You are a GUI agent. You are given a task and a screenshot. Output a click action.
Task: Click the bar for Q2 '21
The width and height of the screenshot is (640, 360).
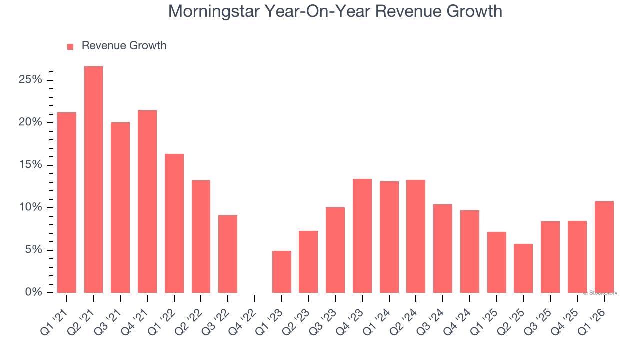(x=93, y=180)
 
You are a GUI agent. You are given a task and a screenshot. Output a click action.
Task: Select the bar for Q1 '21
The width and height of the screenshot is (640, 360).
(x=67, y=202)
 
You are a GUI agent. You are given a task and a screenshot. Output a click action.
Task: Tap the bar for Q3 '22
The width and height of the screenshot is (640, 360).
(x=228, y=254)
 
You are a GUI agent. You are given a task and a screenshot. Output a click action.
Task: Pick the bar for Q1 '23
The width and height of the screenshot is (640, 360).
(x=281, y=272)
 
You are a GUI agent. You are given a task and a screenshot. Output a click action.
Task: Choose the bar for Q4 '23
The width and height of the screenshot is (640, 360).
(x=362, y=236)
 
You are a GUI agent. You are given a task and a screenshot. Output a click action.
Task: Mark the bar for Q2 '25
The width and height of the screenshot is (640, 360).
(x=523, y=268)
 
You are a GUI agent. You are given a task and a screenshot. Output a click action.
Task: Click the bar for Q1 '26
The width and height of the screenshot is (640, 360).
(x=604, y=247)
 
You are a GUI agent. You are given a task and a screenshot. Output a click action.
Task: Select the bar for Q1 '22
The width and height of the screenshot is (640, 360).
(x=174, y=223)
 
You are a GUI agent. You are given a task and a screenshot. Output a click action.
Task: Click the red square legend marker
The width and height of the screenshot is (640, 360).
(x=70, y=46)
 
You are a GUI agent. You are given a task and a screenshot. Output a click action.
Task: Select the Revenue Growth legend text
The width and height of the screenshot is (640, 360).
(x=124, y=46)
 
